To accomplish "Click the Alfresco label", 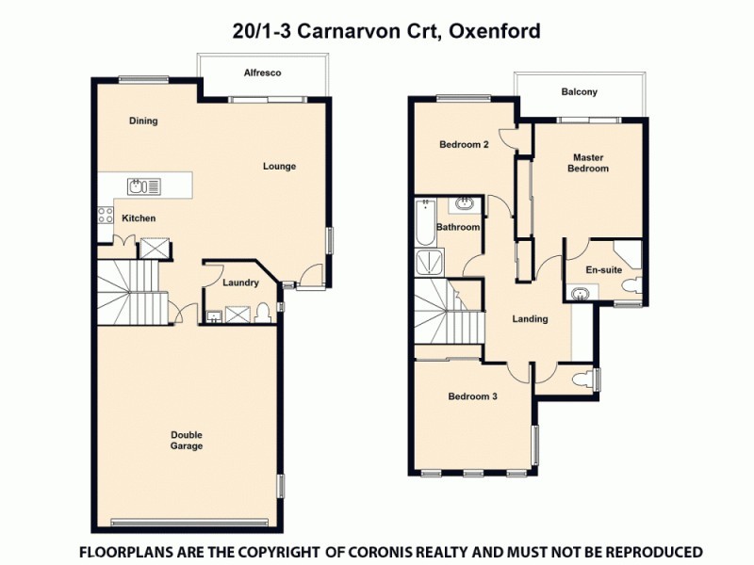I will (x=263, y=73).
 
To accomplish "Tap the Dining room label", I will (x=143, y=121).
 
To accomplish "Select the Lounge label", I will (x=279, y=167).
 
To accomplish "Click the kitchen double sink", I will (x=144, y=186).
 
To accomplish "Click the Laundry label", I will (x=240, y=282).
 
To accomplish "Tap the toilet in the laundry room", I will (x=265, y=313).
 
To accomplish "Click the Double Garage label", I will (x=187, y=441).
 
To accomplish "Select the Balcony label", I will (x=579, y=92).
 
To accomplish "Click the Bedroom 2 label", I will (x=464, y=145).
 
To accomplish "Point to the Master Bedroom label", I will (x=587, y=163).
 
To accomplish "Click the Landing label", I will (x=530, y=319).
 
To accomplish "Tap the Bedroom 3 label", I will (x=472, y=396).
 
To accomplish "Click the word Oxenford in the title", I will (x=495, y=31).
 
